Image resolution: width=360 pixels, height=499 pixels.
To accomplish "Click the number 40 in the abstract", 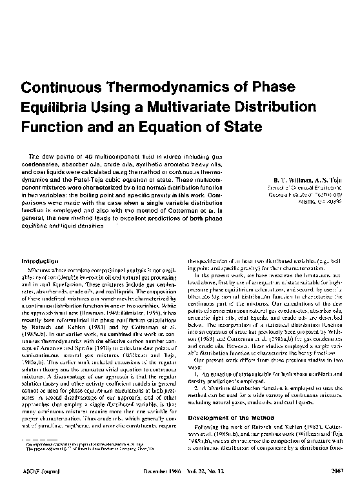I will click(75, 157).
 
